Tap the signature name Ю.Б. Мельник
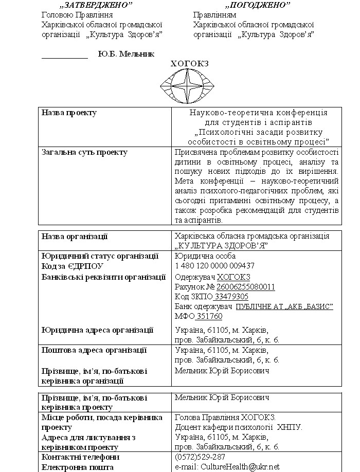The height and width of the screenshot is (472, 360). pyautogui.click(x=126, y=54)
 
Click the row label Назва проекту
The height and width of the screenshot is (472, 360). pyautogui.click(x=69, y=113)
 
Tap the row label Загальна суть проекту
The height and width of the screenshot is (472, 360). pyautogui.click(x=84, y=152)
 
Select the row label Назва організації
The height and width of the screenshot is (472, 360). pyautogui.click(x=75, y=236)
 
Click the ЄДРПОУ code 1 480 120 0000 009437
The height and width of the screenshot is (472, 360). pyautogui.click(x=214, y=266)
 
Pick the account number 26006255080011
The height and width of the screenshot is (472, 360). pyautogui.click(x=246, y=286)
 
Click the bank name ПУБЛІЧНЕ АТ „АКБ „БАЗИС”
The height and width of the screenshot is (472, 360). pyautogui.click(x=284, y=306)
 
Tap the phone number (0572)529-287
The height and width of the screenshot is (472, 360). pyautogui.click(x=200, y=457)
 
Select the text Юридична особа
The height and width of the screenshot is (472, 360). pyautogui.click(x=205, y=256)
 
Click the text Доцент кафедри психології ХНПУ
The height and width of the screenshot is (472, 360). pyautogui.click(x=239, y=427)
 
